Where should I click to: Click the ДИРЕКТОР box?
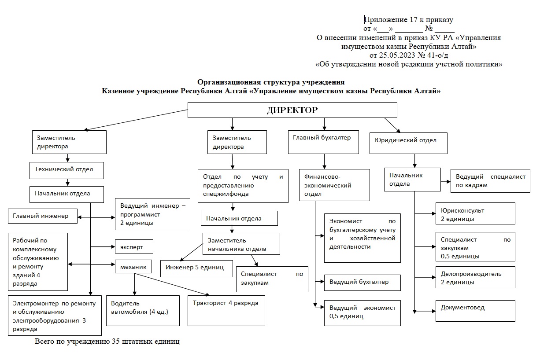coord(292,110)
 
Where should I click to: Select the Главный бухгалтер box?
coord(323,142)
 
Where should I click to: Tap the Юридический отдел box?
coord(408,143)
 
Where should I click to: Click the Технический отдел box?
coord(67,170)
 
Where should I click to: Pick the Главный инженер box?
coord(43,216)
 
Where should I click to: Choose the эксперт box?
coord(134,246)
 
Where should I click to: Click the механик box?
coord(133,266)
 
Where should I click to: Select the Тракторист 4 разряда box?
coord(226,311)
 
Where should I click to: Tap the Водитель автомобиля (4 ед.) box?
coord(143,311)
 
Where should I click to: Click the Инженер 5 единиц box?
coord(197,268)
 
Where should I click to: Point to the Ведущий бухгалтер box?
coord(362,283)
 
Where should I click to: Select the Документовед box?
coord(475,311)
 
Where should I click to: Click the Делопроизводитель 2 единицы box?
coord(475,277)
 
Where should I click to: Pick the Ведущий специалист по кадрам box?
coord(490,181)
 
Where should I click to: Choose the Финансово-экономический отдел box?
coord(334,185)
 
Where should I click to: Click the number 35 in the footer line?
coord(116,341)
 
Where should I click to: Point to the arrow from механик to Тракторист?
coord(172,284)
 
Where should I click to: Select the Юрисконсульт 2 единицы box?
coord(475,213)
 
